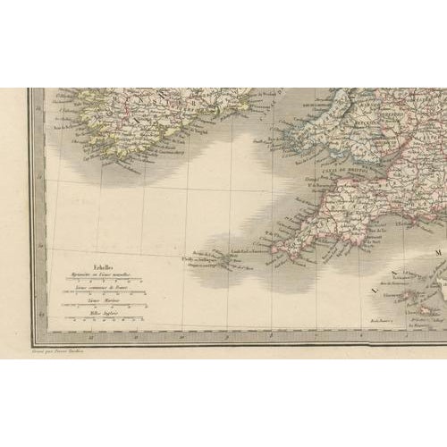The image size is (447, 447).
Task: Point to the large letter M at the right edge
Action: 440,252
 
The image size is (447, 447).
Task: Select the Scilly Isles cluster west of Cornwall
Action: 207,260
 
